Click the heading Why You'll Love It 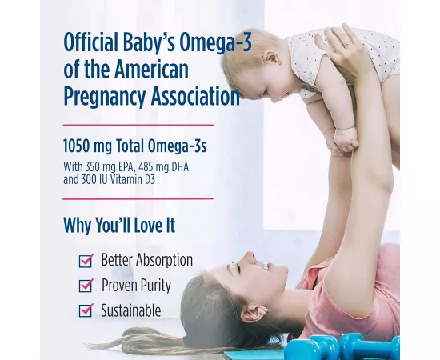tap(120, 226)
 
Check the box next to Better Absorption tap(86, 261)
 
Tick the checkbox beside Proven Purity tap(86, 286)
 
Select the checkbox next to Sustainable tap(86, 310)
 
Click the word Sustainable tap(130, 310)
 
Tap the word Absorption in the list tap(163, 261)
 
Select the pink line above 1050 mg tap(138, 125)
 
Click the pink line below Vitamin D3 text tap(138, 197)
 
